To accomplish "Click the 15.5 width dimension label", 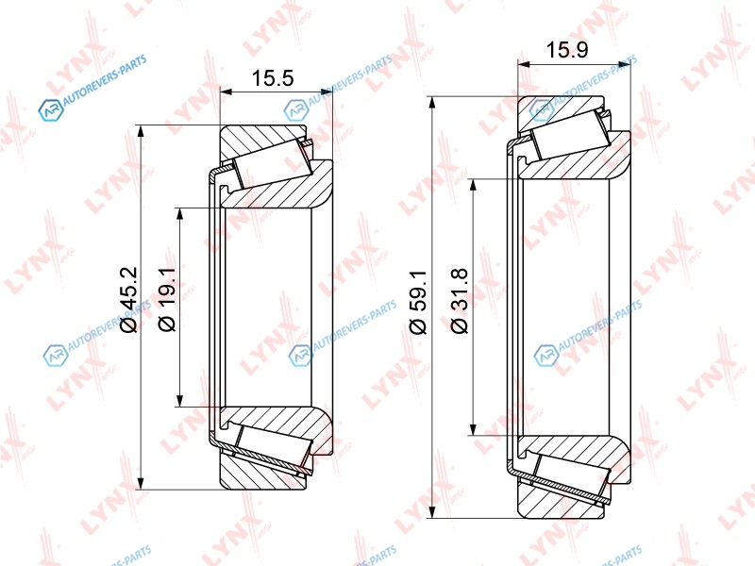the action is (x=273, y=77).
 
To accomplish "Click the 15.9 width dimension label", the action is (x=567, y=50).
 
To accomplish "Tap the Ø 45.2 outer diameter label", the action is (x=129, y=300).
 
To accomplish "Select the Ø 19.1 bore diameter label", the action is (x=167, y=300).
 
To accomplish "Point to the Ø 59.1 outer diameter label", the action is (x=418, y=302).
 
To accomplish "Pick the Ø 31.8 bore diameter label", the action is (x=460, y=301).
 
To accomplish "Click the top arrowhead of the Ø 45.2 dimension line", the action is (x=141, y=132).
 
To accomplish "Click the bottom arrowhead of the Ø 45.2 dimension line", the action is (x=141, y=483).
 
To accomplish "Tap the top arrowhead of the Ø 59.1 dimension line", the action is (x=433, y=104).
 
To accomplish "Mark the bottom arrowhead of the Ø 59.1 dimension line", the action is (x=433, y=511).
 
